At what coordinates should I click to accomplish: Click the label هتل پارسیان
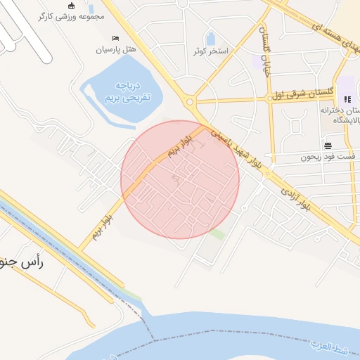pos(119,50)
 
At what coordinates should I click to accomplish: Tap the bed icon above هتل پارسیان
pos(116,38)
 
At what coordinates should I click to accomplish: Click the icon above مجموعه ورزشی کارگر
pos(70,5)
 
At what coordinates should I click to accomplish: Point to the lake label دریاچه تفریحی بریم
pos(121,91)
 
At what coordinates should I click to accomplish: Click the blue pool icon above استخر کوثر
pos(210,39)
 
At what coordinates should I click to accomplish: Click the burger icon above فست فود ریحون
pos(328,146)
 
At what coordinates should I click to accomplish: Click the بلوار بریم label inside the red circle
pos(179,146)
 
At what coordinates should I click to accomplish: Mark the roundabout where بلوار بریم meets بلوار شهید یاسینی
pos(191,102)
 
